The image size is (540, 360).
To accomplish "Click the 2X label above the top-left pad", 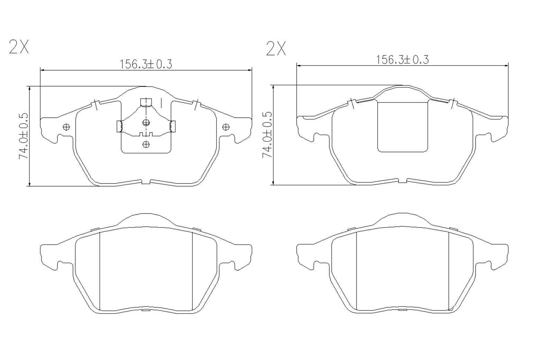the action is tap(19, 46).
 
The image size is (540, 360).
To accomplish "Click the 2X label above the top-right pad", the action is tap(276, 48).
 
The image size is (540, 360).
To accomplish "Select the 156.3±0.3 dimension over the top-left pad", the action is tap(146, 64).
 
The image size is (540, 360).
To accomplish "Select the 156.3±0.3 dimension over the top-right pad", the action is tap(402, 60).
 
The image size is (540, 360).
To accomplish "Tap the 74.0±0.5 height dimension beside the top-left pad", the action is tap(24, 136).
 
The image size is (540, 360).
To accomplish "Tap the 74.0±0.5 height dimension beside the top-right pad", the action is tap(267, 135).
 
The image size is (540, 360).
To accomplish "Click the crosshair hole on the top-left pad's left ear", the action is tap(66, 127).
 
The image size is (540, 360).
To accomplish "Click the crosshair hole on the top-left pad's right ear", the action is tap(226, 127).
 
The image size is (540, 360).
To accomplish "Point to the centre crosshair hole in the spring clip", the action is tap(146, 123).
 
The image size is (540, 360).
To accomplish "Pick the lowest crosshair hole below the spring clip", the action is tap(146, 144).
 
